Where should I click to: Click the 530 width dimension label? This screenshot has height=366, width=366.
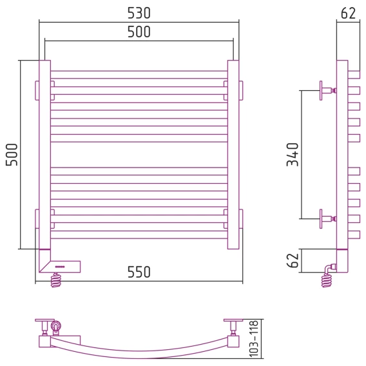click(x=139, y=13)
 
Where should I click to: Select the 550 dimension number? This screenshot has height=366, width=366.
click(x=139, y=272)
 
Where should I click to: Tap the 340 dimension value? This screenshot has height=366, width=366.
click(x=293, y=155)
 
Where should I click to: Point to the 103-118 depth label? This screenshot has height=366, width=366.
click(x=254, y=339)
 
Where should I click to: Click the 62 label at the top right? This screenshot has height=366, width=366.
click(x=348, y=14)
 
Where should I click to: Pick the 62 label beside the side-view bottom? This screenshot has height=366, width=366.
click(x=293, y=260)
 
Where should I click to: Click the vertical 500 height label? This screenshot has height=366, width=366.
click(x=12, y=155)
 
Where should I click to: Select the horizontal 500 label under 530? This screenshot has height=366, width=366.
click(x=139, y=32)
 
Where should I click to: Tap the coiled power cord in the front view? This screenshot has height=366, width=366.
click(x=56, y=280)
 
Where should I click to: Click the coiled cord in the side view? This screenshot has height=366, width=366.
click(x=327, y=280)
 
